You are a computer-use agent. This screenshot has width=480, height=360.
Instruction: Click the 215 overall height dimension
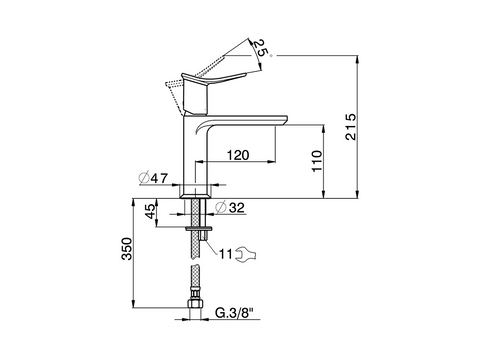[x=350, y=127]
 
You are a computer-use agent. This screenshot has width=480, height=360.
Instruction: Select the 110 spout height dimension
[x=317, y=161]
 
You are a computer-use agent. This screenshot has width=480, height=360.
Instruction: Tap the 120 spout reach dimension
[x=238, y=155]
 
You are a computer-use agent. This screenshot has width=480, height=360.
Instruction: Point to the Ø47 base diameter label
[x=154, y=178]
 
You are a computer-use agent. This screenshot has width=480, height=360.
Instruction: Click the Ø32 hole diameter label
[x=230, y=208]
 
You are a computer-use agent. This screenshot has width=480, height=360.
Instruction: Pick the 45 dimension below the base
[x=151, y=211]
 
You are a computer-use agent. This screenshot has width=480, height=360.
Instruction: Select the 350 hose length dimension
[x=127, y=249]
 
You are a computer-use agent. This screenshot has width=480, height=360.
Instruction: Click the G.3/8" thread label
[x=234, y=313]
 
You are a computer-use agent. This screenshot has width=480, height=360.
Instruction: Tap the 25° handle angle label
[x=262, y=48]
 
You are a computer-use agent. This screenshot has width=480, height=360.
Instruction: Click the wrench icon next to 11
[x=246, y=253]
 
